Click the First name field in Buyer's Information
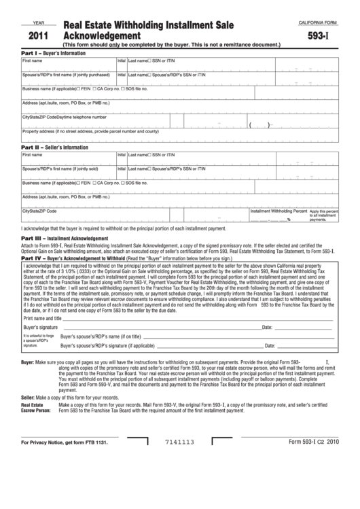click(68, 66)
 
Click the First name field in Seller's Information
click(68, 160)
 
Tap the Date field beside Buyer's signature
click(302, 327)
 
